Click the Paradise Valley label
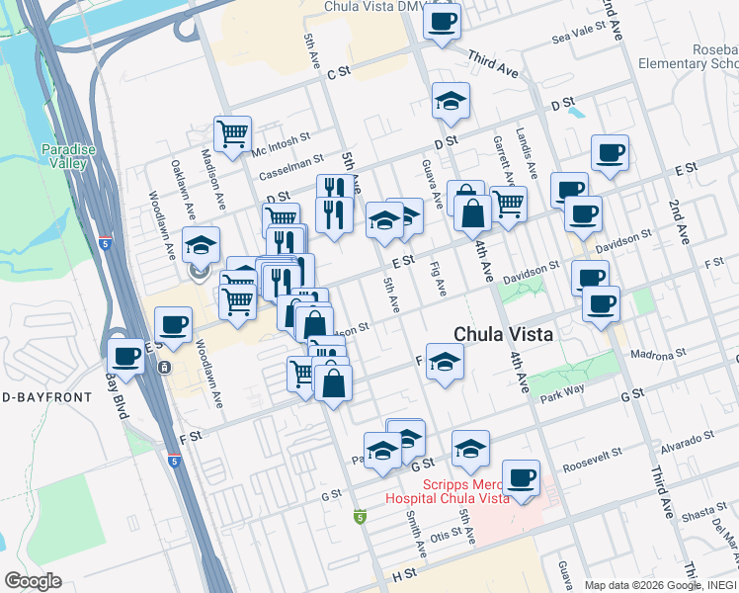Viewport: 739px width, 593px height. pos(66,156)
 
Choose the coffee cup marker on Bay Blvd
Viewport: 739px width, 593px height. pos(126,358)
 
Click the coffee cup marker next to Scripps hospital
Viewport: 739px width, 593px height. pos(521,478)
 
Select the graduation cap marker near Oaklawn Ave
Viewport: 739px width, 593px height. pos(202,247)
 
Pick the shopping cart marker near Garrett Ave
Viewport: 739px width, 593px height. pos(508,204)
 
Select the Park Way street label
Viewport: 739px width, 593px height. pos(564,397)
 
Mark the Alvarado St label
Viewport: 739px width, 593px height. pos(690,441)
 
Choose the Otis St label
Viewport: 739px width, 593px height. pos(446,536)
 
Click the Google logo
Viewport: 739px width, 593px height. pos(33,580)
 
